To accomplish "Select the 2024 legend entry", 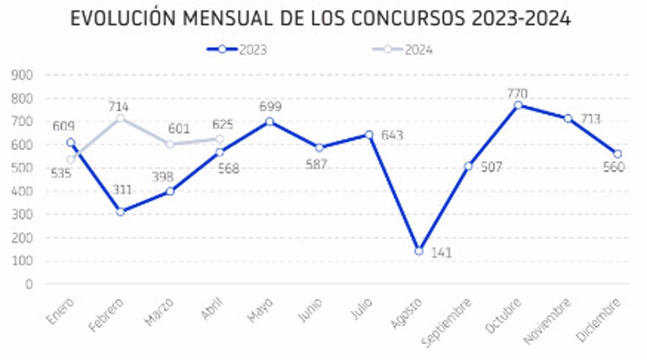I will [402, 50].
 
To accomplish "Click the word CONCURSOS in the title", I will [408, 18].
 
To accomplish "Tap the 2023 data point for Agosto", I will [419, 251].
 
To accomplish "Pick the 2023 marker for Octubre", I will [518, 105].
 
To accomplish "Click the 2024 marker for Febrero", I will [120, 118].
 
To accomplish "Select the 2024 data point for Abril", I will [220, 139].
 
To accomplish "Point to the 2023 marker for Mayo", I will [270, 122].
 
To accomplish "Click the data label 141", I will [441, 253].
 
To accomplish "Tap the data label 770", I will [517, 93].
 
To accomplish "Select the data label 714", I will [118, 107].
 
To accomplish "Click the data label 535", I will [61, 174].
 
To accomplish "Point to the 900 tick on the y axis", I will [22, 75].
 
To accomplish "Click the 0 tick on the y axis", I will [29, 284].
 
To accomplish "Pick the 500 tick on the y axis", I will [22, 168].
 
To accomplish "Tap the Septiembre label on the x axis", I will [446, 323].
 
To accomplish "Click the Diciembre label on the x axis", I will [598, 320].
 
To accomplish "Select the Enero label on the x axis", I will [60, 311].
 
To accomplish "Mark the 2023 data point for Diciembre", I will [618, 154].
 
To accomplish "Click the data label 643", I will [392, 135].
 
